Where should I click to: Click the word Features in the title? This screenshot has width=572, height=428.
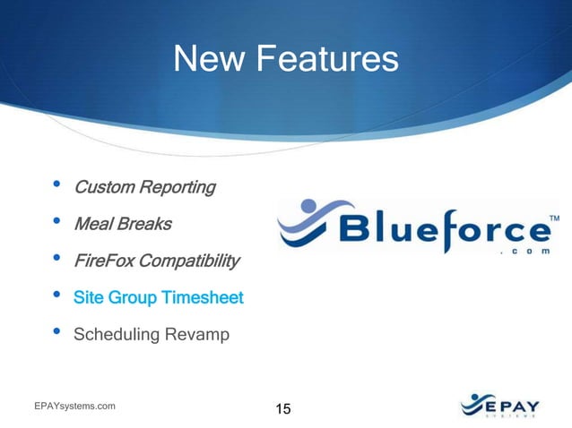[327, 59]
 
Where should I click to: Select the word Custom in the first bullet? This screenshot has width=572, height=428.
[102, 187]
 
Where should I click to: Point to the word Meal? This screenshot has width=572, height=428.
[92, 224]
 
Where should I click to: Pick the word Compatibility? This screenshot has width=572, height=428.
[190, 261]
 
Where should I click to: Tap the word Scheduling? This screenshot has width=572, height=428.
[113, 335]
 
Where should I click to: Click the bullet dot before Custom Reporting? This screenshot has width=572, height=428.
[56, 186]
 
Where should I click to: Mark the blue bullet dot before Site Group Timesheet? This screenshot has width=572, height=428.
[56, 296]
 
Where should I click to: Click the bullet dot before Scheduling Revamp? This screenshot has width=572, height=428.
[56, 333]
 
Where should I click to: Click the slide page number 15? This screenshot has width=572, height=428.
[282, 409]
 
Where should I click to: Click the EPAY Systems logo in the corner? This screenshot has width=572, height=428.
[501, 406]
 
